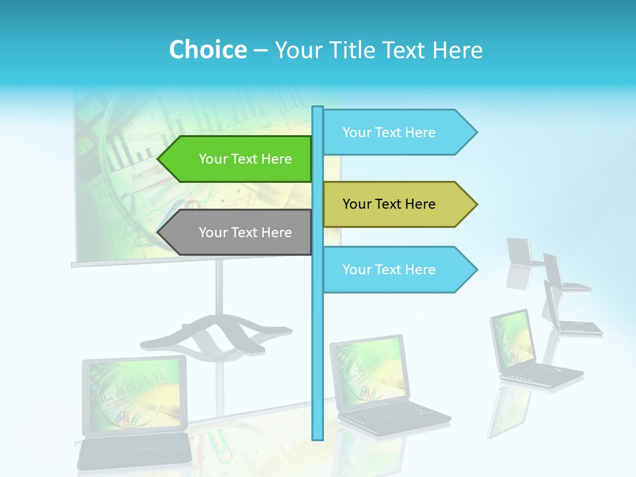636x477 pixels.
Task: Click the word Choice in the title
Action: tap(207, 50)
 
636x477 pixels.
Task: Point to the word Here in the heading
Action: tap(457, 50)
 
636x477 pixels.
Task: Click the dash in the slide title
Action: tap(260, 50)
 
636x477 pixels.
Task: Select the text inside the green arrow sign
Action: tap(245, 159)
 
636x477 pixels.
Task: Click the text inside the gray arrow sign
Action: tap(245, 233)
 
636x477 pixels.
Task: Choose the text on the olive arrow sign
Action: tap(389, 204)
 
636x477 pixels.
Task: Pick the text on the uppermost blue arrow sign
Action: tap(389, 132)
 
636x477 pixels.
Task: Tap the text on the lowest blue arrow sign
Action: tap(389, 270)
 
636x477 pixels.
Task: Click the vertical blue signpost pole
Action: tap(317, 331)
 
